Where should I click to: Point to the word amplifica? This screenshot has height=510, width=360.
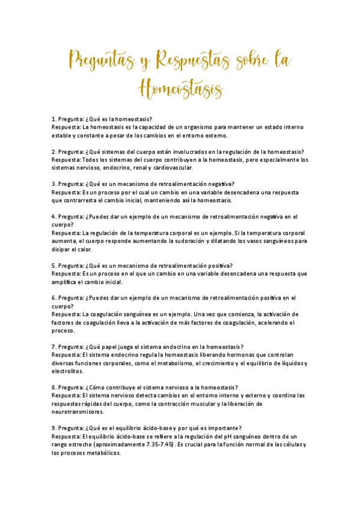[x=64, y=281]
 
